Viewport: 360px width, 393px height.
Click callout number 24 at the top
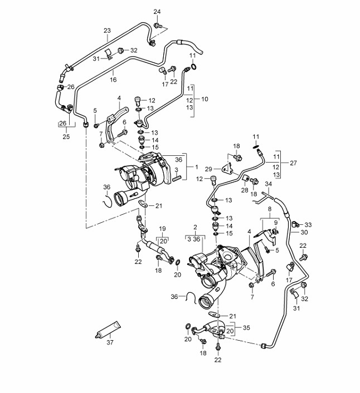[157, 12]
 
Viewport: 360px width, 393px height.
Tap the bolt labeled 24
[157, 26]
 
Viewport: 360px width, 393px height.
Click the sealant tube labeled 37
[108, 330]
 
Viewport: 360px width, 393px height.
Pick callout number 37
[110, 342]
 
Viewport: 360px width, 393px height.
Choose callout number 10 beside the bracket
[205, 99]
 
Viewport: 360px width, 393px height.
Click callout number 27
[294, 163]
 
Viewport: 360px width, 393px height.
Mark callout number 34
[268, 184]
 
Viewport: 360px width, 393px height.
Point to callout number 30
[304, 232]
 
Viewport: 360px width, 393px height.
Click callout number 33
[308, 225]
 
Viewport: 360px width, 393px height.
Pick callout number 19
[163, 229]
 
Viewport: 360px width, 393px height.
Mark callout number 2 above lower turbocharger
[195, 228]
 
